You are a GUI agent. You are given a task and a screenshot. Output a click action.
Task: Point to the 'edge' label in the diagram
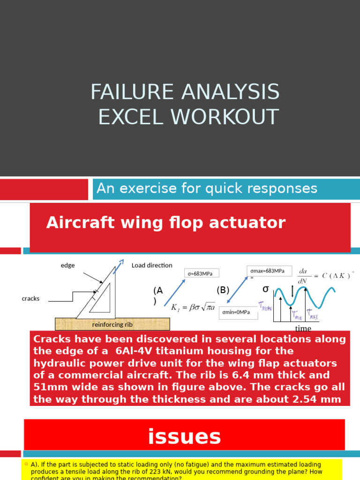tap(67, 265)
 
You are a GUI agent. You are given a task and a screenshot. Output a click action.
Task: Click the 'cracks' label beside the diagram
tap(30, 298)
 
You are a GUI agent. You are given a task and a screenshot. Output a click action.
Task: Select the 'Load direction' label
tap(152, 265)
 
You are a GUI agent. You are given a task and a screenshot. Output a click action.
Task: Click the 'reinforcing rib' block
tap(112, 324)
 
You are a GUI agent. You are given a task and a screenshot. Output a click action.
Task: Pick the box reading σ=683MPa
tap(202, 273)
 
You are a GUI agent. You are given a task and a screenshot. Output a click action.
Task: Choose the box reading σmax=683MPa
tap(269, 271)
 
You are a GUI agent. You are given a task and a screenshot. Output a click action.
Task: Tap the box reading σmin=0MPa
tap(238, 312)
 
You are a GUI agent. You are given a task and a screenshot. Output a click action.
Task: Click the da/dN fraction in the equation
tap(302, 275)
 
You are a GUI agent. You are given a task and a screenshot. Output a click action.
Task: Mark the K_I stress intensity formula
tap(193, 307)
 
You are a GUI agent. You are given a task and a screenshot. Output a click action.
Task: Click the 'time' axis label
tap(303, 329)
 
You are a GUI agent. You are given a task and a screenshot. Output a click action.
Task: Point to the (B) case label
tap(223, 290)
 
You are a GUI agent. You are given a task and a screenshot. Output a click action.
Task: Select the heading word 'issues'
tap(184, 436)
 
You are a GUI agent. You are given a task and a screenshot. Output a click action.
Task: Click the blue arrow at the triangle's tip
tap(120, 263)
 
